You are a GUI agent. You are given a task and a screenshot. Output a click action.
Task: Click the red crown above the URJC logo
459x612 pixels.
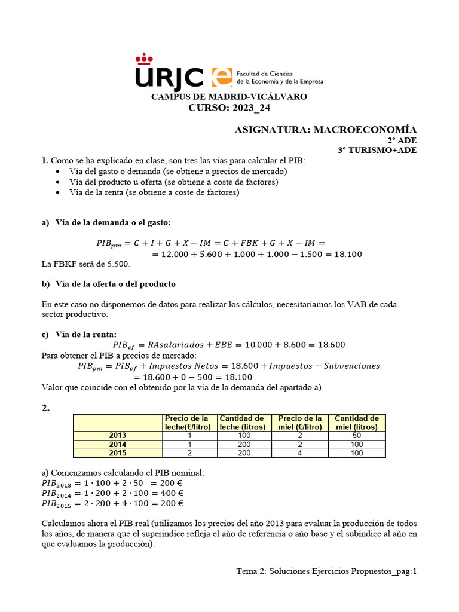click(x=144, y=58)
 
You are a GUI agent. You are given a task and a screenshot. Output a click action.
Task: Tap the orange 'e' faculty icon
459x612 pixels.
click(x=221, y=76)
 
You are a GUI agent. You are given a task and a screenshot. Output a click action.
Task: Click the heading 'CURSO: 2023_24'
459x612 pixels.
click(x=229, y=108)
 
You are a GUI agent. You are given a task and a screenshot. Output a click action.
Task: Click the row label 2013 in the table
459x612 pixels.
click(x=117, y=436)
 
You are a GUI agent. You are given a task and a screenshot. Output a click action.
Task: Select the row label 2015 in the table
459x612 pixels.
click(x=117, y=453)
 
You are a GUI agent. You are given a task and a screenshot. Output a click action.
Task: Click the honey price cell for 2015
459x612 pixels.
click(x=299, y=453)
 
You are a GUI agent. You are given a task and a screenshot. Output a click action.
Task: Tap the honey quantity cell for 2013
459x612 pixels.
click(x=357, y=436)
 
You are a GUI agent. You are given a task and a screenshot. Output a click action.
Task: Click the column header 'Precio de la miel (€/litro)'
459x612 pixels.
click(x=299, y=423)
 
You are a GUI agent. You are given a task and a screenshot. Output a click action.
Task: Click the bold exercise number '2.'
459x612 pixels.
click(x=45, y=408)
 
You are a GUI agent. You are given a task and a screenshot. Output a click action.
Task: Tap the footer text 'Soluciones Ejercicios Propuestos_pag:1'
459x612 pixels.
click(x=342, y=571)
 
